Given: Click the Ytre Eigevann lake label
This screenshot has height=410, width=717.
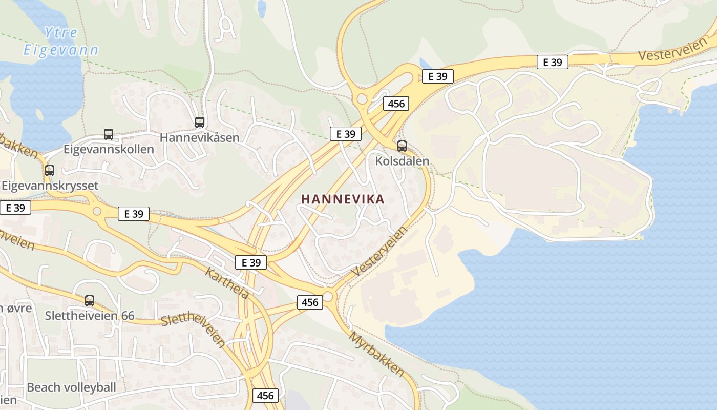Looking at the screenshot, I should click(x=60, y=42).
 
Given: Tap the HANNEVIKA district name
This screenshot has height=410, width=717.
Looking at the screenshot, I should click(x=343, y=199).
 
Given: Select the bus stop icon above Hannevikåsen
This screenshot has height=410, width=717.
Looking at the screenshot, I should click(x=200, y=122).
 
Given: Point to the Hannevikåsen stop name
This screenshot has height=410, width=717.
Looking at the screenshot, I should click(x=199, y=138).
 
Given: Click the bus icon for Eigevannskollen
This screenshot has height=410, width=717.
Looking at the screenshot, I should click(x=109, y=134).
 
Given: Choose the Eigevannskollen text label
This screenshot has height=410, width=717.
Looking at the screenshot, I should click(x=109, y=149).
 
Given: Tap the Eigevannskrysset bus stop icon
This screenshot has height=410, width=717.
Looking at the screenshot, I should click(x=50, y=171).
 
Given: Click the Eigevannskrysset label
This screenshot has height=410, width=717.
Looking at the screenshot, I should click(x=50, y=185).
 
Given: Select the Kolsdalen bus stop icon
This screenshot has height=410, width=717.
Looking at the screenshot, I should click(x=402, y=146).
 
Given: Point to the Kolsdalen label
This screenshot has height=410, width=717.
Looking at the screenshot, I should click(x=402, y=161).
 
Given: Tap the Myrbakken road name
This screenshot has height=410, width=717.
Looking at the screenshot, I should click(x=377, y=353).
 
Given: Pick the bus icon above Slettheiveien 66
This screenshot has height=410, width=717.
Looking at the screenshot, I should click(x=90, y=301).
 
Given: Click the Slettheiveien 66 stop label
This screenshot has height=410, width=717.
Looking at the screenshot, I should click(x=90, y=315).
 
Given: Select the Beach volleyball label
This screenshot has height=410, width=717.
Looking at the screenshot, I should click(x=72, y=387).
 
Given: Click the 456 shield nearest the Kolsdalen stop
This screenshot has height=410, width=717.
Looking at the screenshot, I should click(x=396, y=104).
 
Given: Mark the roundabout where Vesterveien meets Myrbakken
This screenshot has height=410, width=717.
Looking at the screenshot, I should click(x=328, y=297).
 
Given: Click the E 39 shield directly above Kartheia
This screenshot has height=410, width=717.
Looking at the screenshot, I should click(x=251, y=262).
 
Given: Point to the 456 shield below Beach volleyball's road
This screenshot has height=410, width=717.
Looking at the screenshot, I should click(x=265, y=396).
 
